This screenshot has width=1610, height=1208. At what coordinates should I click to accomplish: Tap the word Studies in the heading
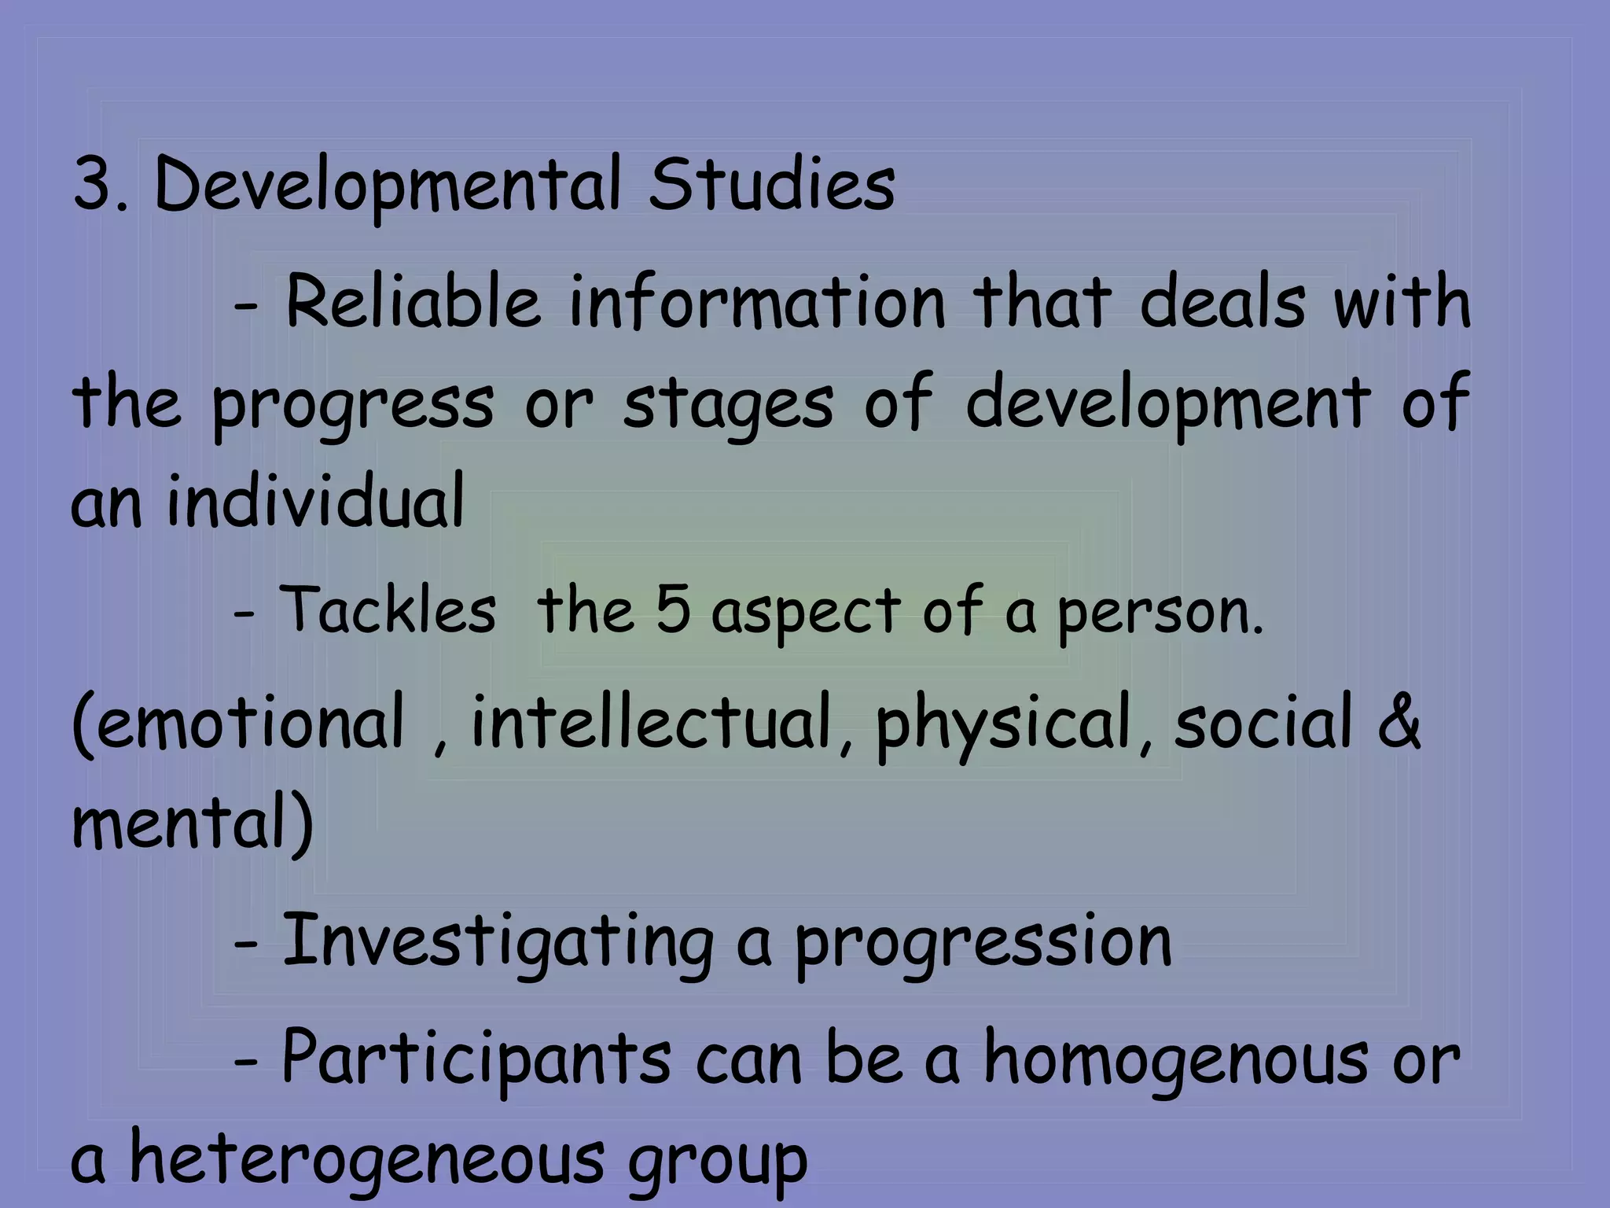(771, 186)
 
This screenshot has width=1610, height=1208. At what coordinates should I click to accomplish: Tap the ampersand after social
(1399, 722)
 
